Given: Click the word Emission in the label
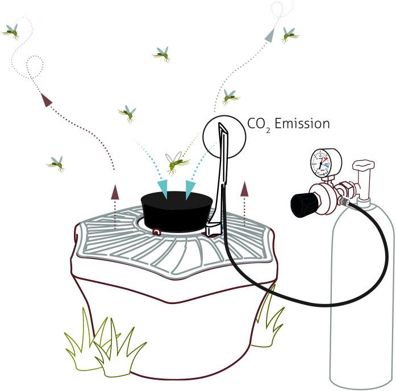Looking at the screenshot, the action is [302, 123].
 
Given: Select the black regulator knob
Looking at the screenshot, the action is [302, 204].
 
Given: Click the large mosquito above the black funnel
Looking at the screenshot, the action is [177, 163].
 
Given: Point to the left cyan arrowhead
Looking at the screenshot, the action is [163, 188].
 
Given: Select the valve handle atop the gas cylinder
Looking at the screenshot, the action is [362, 166].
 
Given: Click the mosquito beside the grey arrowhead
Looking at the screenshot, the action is [290, 35].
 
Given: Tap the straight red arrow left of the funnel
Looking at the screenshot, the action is [115, 193].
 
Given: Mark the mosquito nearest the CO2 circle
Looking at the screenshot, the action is [230, 97].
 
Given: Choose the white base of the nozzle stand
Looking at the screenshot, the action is [212, 229].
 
